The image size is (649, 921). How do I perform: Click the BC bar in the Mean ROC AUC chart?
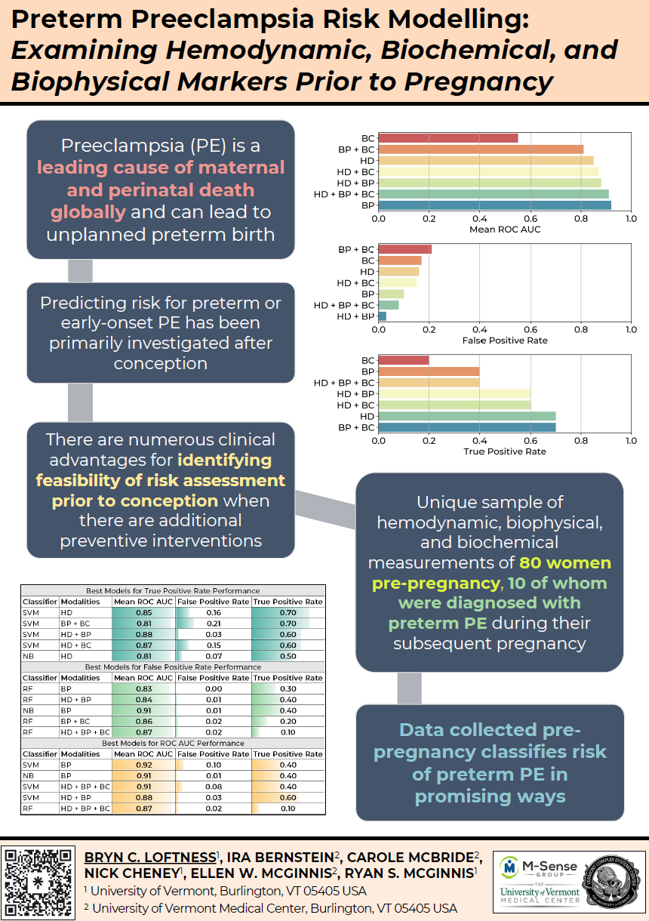click(x=448, y=138)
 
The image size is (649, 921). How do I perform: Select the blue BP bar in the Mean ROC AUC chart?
click(x=494, y=205)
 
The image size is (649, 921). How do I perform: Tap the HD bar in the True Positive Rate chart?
click(x=466, y=415)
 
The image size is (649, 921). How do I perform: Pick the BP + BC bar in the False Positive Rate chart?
click(x=404, y=249)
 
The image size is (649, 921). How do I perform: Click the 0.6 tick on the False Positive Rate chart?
click(x=531, y=329)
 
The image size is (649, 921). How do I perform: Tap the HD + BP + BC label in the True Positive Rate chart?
click(x=343, y=383)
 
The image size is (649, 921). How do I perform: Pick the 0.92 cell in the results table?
click(x=143, y=765)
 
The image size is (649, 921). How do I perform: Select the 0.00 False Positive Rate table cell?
click(x=213, y=688)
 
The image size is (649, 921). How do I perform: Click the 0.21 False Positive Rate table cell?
click(x=213, y=624)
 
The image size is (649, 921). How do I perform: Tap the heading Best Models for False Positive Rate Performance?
click(x=173, y=667)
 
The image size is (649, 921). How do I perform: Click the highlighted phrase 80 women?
click(x=565, y=563)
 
